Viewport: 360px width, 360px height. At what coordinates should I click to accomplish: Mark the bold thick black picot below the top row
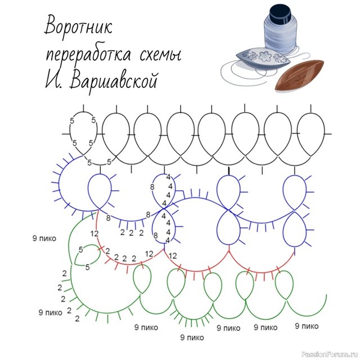point(229,169)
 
